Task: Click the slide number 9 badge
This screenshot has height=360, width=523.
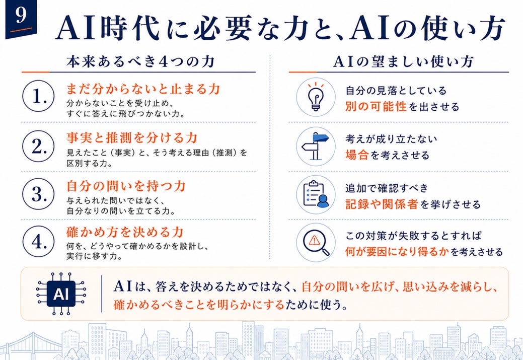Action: [21, 18]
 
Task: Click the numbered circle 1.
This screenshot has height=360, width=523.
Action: [38, 96]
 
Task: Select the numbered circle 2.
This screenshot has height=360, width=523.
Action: [38, 146]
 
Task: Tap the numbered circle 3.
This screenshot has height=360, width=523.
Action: [38, 194]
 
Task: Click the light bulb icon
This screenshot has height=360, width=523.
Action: [316, 97]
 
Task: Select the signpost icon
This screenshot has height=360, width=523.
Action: [316, 146]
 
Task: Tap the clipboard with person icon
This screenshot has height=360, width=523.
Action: [316, 194]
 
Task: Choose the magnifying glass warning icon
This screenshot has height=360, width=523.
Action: [316, 243]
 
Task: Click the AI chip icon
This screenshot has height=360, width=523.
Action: [61, 294]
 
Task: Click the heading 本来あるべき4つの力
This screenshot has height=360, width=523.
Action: [140, 62]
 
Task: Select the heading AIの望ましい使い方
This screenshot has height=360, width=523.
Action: [403, 62]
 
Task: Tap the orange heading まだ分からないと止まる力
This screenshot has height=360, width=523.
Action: [143, 89]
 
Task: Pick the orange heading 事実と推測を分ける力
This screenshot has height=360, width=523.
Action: [132, 138]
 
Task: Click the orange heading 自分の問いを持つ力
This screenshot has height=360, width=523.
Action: [126, 186]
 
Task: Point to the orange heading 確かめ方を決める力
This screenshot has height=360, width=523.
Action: [125, 232]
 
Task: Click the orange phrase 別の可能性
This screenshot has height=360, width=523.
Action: [376, 106]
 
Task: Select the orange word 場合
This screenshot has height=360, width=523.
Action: [357, 155]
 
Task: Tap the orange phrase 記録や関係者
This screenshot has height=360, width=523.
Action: [382, 204]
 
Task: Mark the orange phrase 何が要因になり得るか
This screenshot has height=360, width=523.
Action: [397, 251]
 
